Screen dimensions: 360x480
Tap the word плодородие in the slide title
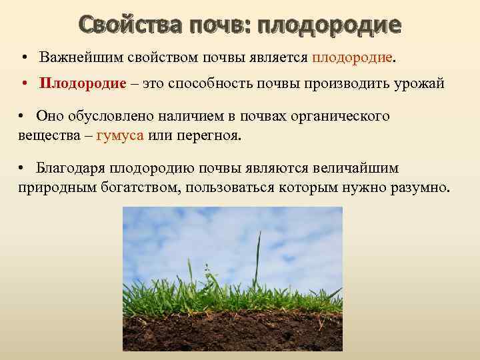[x=329, y=25]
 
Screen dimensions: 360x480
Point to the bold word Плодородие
[x=83, y=84]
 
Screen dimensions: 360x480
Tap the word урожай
[x=419, y=84]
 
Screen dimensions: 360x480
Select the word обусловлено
[x=101, y=116]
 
